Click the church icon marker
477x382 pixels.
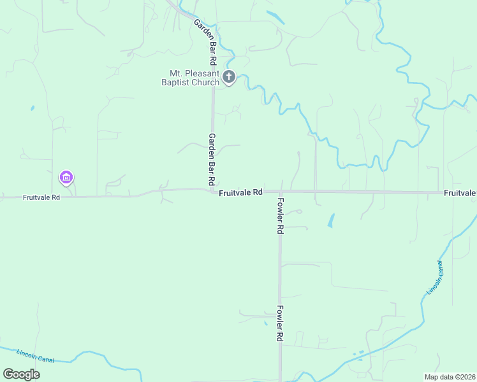[229, 78]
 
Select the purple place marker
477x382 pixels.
[66, 178]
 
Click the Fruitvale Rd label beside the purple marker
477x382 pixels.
[41, 197]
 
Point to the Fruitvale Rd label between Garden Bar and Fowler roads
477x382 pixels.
[240, 192]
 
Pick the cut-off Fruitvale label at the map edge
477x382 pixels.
[460, 192]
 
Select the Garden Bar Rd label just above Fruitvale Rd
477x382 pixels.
[212, 159]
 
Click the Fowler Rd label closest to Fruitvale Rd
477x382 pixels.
[280, 216]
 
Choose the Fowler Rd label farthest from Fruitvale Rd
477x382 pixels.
[279, 323]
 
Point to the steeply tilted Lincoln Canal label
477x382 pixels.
[435, 278]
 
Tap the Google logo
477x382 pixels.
[21, 374]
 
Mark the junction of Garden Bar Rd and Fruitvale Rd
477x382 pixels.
[212, 190]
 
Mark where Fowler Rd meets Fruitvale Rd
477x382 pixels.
[279, 192]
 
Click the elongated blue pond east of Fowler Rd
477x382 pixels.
[330, 220]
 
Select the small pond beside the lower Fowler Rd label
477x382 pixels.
[266, 323]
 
